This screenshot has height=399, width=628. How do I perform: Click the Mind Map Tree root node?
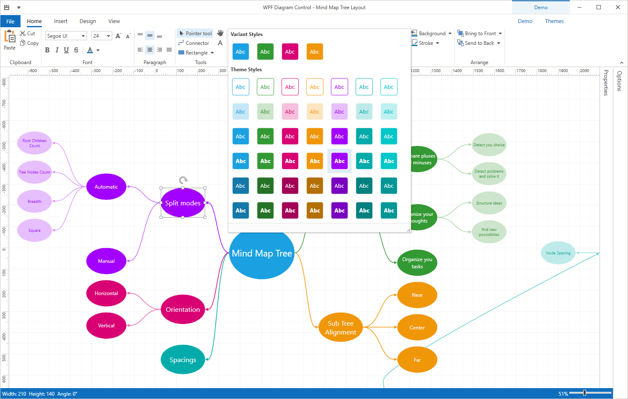(262, 254)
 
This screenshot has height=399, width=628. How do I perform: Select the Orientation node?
(183, 310)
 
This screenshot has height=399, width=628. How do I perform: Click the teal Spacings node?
(183, 360)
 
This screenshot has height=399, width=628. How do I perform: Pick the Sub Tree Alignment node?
(340, 328)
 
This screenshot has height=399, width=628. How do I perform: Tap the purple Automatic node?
(106, 187)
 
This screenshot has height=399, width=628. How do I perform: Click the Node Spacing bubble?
(558, 253)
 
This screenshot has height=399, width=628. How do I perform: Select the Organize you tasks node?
(417, 263)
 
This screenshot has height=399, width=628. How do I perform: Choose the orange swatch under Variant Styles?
(314, 52)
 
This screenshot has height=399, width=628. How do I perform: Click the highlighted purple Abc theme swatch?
(339, 161)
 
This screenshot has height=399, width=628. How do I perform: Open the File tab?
(10, 21)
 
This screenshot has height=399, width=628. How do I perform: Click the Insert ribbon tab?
(61, 21)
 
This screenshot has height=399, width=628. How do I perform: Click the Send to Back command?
(479, 43)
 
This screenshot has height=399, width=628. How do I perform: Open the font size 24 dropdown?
(108, 36)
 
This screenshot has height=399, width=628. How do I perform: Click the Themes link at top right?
(554, 21)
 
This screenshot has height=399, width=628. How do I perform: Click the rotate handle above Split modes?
(183, 180)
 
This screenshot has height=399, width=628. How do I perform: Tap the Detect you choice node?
(489, 145)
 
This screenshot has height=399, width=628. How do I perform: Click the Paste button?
(10, 40)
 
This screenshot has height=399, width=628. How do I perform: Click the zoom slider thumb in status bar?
(584, 393)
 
